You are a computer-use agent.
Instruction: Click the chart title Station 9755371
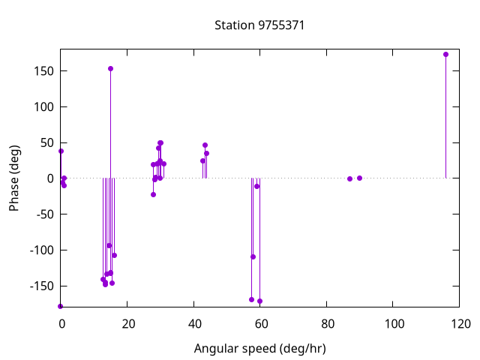(x=259, y=25)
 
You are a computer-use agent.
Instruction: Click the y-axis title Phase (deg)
(x=14, y=178)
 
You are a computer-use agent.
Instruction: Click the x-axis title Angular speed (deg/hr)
(x=259, y=349)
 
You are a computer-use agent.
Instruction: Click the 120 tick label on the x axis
(x=460, y=324)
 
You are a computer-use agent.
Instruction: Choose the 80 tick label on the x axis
(x=327, y=324)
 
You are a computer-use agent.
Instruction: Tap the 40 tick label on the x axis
(x=193, y=324)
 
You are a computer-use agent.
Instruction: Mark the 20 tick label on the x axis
(x=127, y=324)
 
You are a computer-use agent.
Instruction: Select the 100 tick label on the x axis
(x=394, y=324)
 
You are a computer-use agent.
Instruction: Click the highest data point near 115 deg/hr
(x=445, y=54)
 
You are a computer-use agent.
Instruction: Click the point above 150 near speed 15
(x=110, y=68)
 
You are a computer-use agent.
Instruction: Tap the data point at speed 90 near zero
(x=360, y=178)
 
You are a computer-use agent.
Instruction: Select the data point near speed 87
(x=349, y=178)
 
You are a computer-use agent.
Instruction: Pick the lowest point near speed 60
(x=259, y=301)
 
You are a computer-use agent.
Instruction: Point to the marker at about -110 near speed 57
(x=253, y=256)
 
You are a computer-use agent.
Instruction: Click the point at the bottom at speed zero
(x=61, y=306)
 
